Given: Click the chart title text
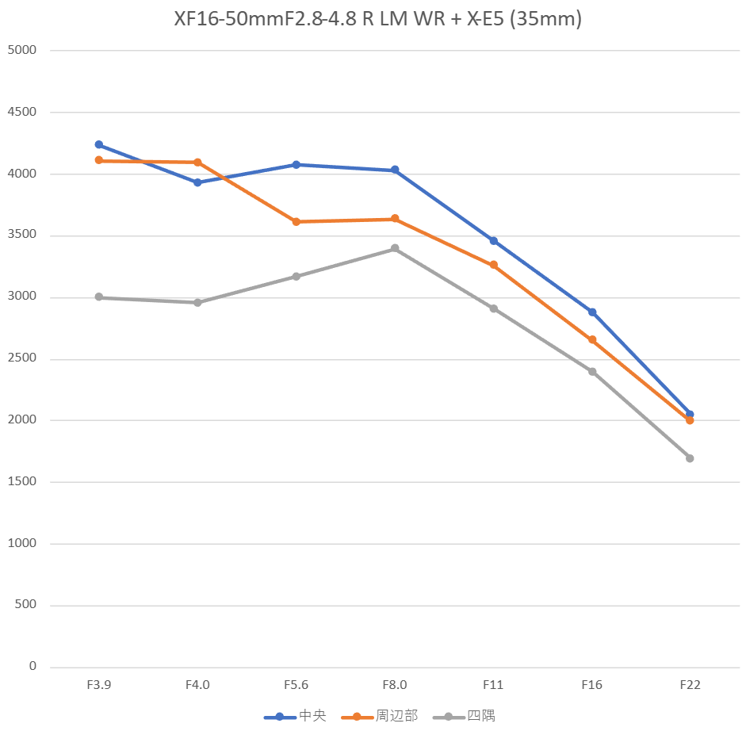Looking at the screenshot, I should pyautogui.click(x=378, y=19).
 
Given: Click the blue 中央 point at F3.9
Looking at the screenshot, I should pyautogui.click(x=99, y=144).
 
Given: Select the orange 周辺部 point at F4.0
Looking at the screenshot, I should pyautogui.click(x=197, y=163).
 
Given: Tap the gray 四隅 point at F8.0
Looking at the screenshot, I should pyautogui.click(x=395, y=248).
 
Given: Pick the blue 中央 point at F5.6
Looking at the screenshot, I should pyautogui.click(x=296, y=165).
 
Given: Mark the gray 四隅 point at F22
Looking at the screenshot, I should pyautogui.click(x=690, y=458).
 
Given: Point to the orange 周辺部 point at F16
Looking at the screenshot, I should pyautogui.click(x=591, y=339).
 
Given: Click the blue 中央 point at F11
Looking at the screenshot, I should pyautogui.click(x=493, y=240).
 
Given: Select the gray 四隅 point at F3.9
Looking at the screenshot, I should pyautogui.click(x=99, y=297).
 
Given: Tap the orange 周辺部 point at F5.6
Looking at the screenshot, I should pyautogui.click(x=296, y=222).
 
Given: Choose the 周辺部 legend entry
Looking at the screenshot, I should pyautogui.click(x=380, y=716).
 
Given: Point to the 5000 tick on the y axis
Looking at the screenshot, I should pyautogui.click(x=21, y=51).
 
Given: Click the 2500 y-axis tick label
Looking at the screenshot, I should pyautogui.click(x=21, y=359).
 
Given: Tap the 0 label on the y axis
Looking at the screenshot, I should pyautogui.click(x=33, y=667).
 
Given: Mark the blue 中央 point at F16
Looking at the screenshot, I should pyautogui.click(x=591, y=312).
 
